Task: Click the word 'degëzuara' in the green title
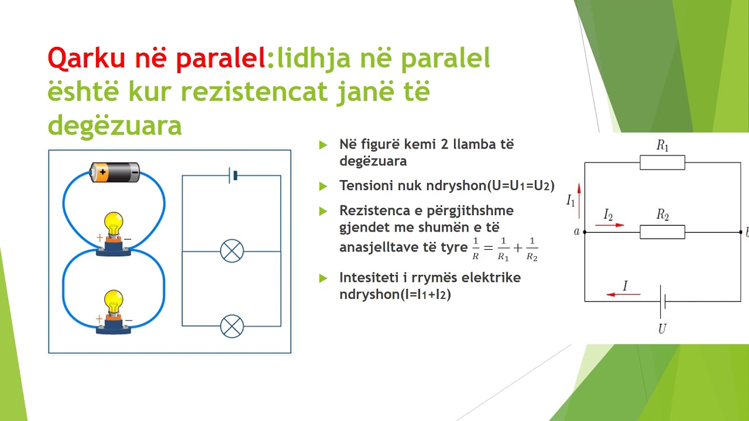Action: pyautogui.click(x=115, y=125)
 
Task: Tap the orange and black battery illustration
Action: pyautogui.click(x=115, y=172)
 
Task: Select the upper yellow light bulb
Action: pyautogui.click(x=114, y=223)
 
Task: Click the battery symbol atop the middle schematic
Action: pyautogui.click(x=232, y=175)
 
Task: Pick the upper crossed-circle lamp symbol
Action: pyautogui.click(x=232, y=251)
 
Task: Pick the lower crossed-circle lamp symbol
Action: pyautogui.click(x=232, y=326)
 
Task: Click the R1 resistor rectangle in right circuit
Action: pyautogui.click(x=662, y=163)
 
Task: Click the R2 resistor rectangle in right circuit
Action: pyautogui.click(x=662, y=232)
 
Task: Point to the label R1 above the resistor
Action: pyautogui.click(x=662, y=146)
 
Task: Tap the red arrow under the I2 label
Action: pyautogui.click(x=613, y=225)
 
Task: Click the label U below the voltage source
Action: pyautogui.click(x=662, y=329)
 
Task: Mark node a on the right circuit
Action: pyautogui.click(x=585, y=232)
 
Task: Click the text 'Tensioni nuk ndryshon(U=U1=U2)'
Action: pyautogui.click(x=446, y=185)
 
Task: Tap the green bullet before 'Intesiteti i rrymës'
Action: pyautogui.click(x=322, y=278)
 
